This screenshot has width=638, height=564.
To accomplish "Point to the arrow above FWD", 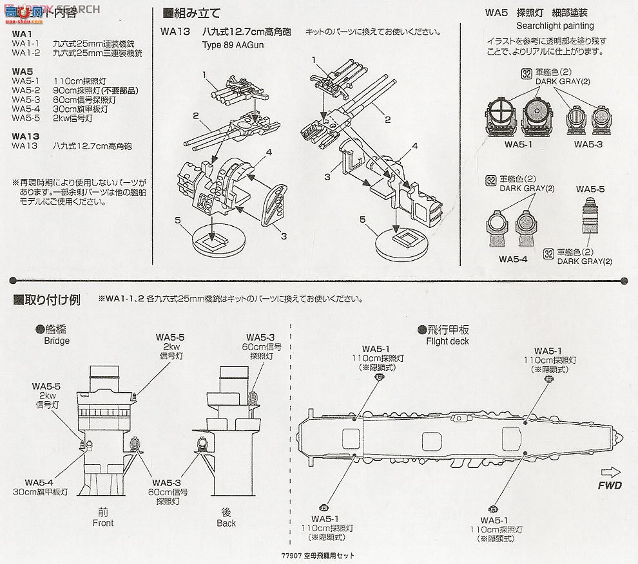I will click(x=608, y=471).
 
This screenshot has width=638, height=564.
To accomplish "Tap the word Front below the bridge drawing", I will click(x=103, y=523).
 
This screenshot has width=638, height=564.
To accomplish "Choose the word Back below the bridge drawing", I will click(x=226, y=523).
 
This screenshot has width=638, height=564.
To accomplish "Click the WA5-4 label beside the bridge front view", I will click(x=39, y=483).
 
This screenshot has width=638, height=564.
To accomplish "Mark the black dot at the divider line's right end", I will click(x=623, y=281).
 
